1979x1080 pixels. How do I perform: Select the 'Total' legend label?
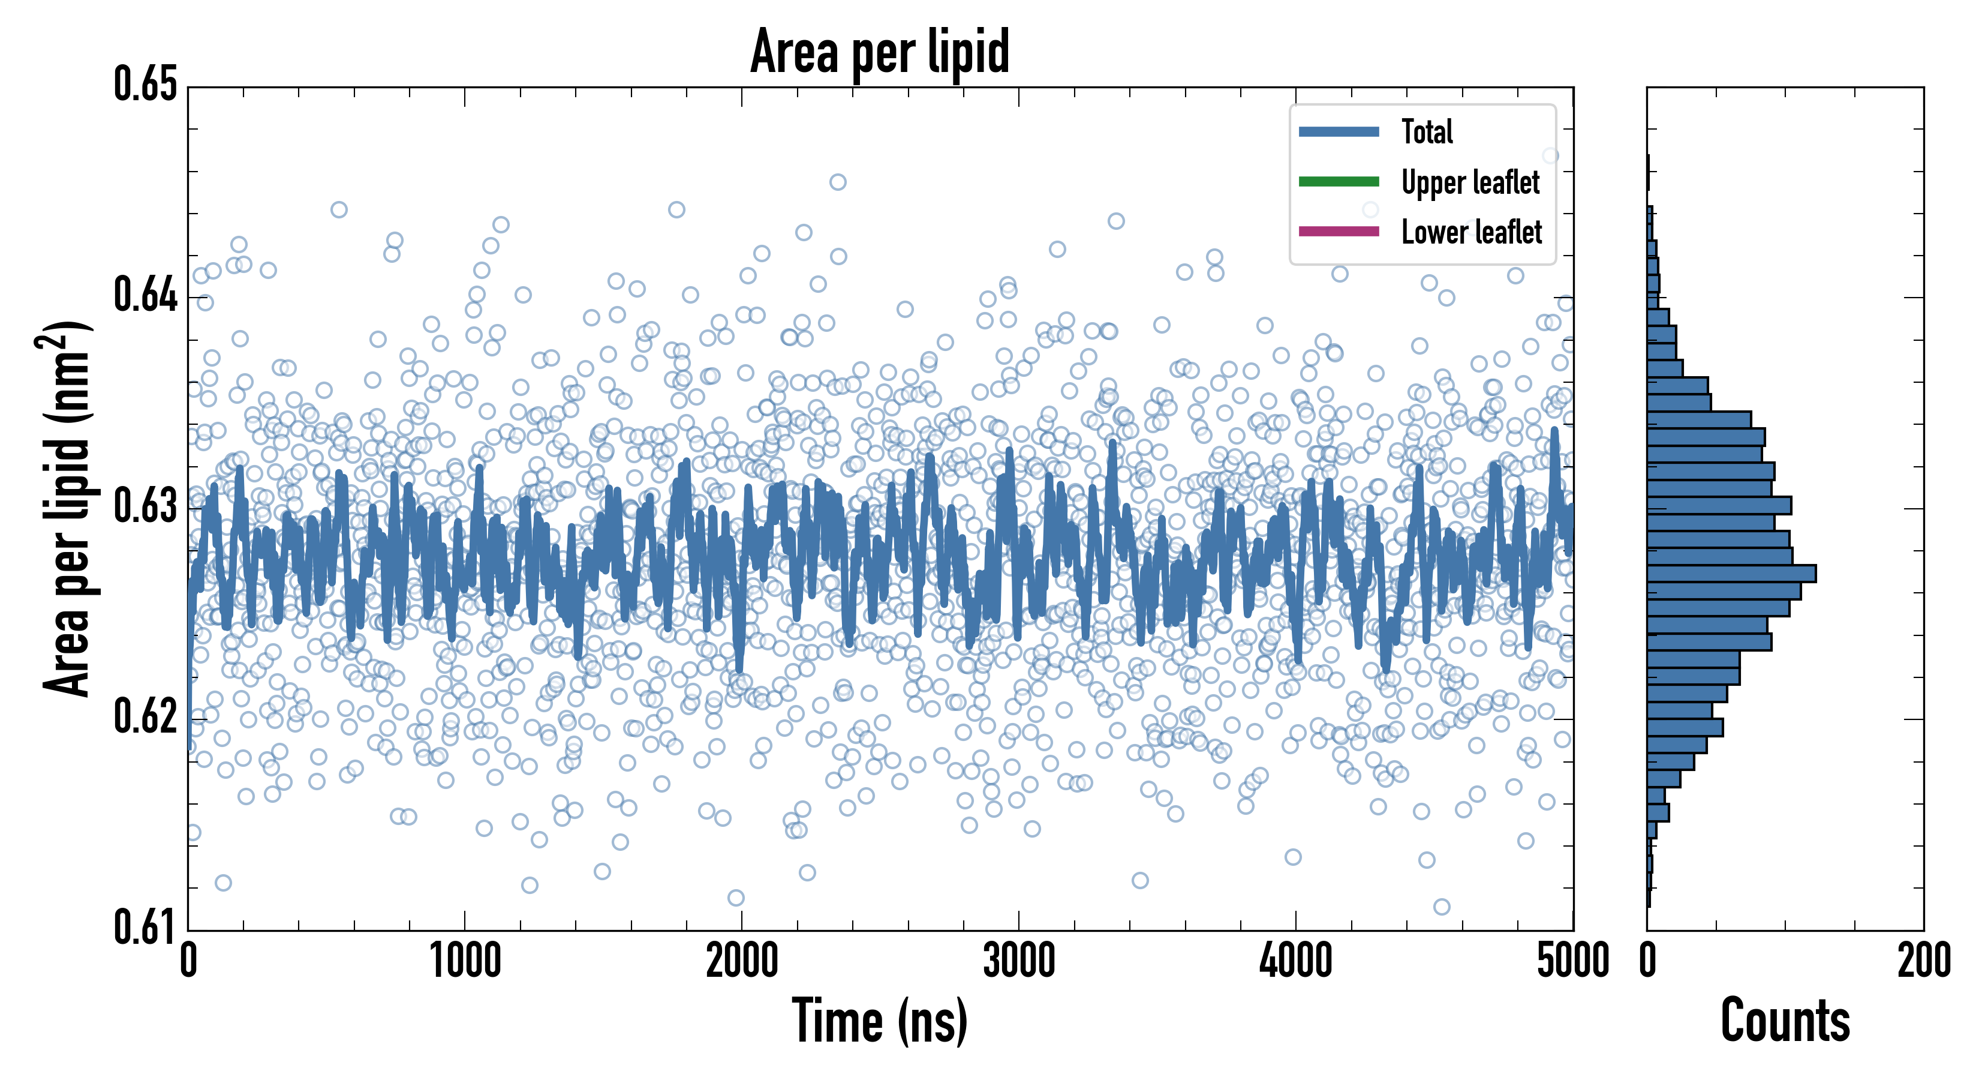click(1427, 131)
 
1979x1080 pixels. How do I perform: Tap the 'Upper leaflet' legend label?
click(1470, 182)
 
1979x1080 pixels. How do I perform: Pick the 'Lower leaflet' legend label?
click(1471, 232)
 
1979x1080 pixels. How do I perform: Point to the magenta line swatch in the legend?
click(1339, 232)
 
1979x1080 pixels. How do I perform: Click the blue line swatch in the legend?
click(1339, 131)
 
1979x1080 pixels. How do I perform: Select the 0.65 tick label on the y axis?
click(146, 85)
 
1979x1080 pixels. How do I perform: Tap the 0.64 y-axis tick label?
click(146, 295)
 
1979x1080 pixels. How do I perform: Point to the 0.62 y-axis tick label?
click(146, 716)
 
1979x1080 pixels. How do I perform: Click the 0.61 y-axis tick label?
click(146, 926)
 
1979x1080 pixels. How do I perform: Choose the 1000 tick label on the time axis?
click(465, 961)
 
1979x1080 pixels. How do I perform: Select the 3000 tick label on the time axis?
click(1019, 961)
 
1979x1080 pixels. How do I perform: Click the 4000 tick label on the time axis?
click(1295, 961)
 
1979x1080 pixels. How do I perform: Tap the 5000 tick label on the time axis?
click(1572, 961)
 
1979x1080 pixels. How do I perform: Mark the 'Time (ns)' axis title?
click(880, 1021)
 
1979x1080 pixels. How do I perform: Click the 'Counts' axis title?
click(1785, 1021)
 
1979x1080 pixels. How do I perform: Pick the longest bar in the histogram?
click(1731, 574)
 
